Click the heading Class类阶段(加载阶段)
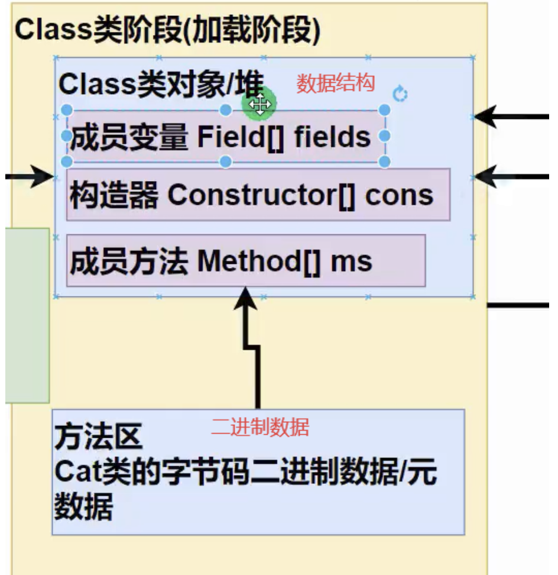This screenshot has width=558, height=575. pos(167,30)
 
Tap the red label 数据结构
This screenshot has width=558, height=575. pos(335,83)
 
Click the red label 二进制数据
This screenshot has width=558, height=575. pos(260,427)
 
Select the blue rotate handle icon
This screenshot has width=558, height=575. pos(400,93)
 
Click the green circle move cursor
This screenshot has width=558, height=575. pos(259,104)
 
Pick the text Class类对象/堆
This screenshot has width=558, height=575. pos(160,85)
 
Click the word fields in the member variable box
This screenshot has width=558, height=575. pos(332,137)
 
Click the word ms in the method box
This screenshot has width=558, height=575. pos(352,261)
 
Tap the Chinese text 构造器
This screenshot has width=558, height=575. pos(113,195)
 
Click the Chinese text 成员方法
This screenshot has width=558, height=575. pos(128,261)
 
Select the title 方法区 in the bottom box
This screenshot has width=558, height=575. pos(98,438)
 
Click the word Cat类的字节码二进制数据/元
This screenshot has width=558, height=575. pos(246,473)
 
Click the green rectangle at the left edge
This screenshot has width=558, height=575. pos(27,315)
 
